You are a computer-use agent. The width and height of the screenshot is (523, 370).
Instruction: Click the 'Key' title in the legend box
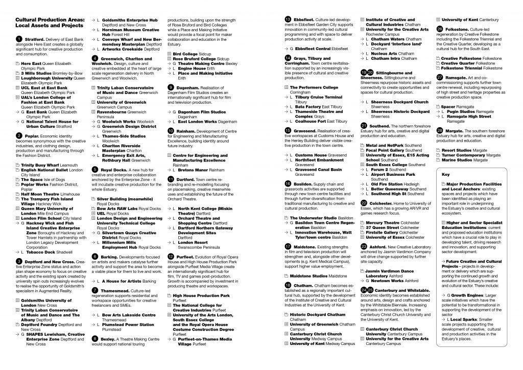click(x=444, y=175)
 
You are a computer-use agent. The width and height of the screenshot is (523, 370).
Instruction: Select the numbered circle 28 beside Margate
click(x=439, y=130)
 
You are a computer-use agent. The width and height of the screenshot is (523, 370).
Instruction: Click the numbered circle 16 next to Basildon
click(x=288, y=183)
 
